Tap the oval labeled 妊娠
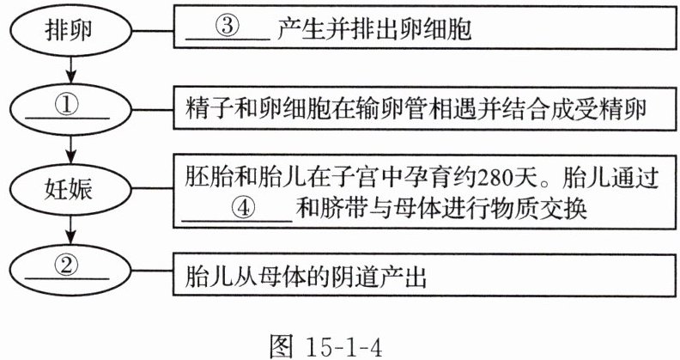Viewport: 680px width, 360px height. (68, 189)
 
